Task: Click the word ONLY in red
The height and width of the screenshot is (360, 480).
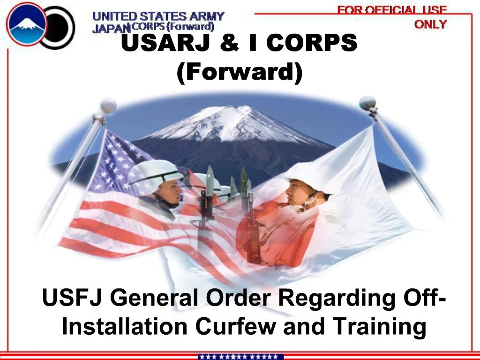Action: point(430,24)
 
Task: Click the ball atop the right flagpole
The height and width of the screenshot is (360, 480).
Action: point(367,103)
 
